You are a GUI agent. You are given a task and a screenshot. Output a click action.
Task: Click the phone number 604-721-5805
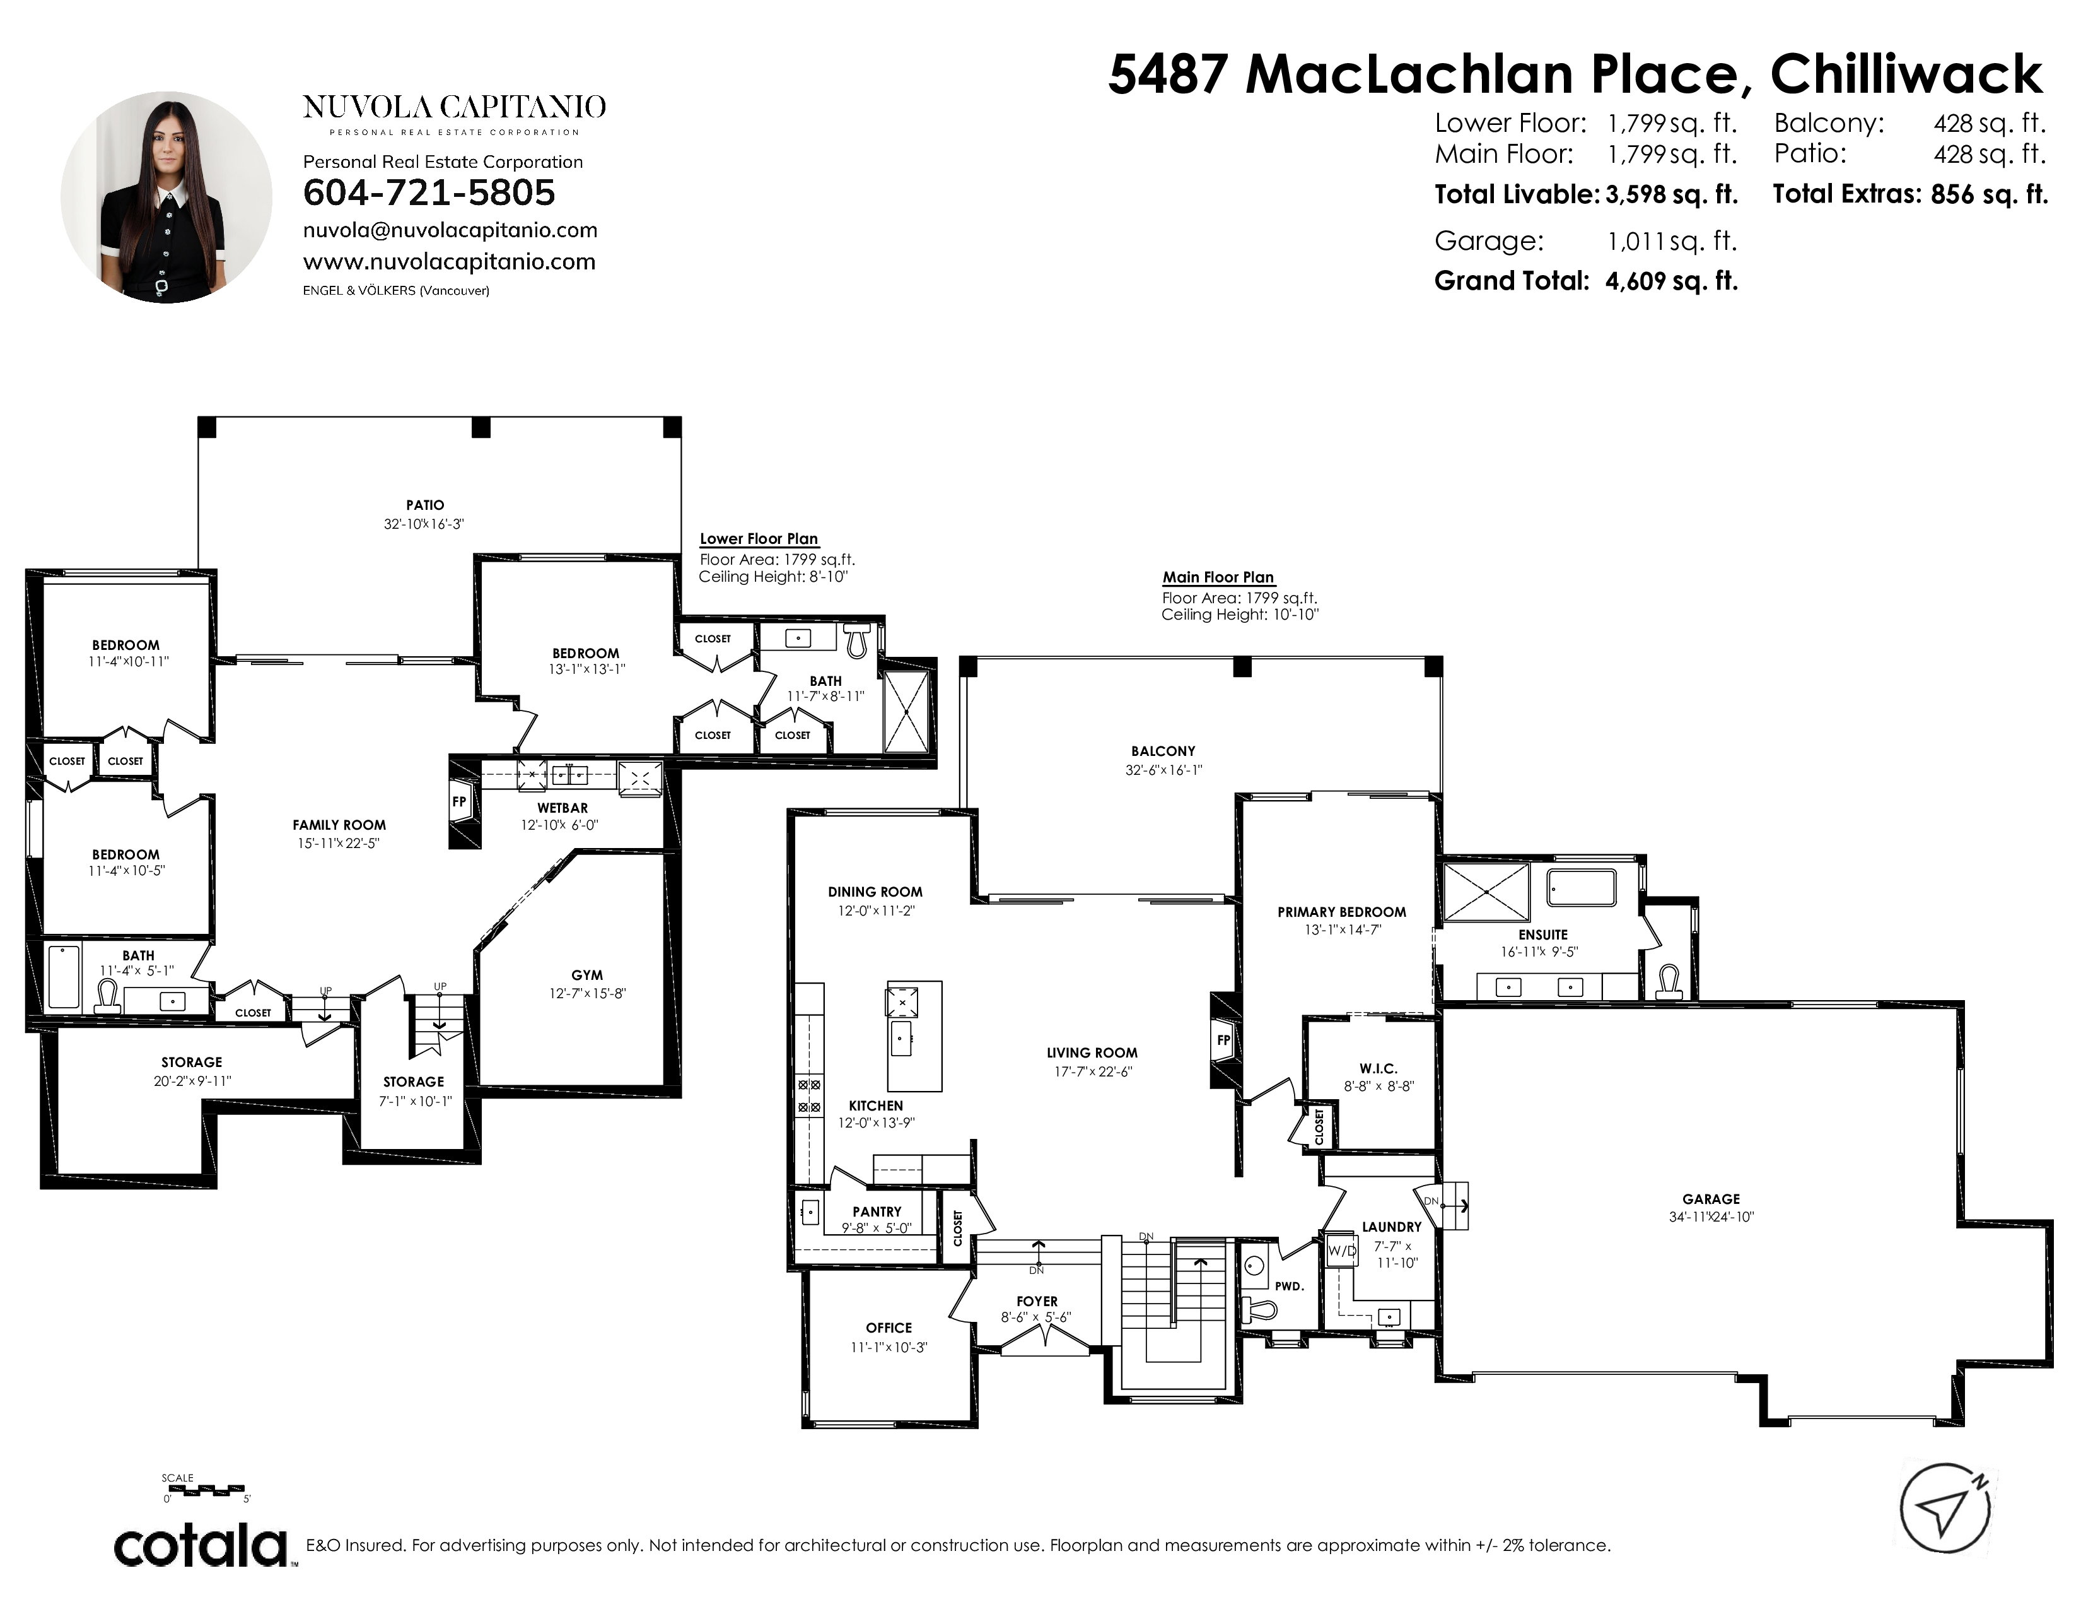pos(429,192)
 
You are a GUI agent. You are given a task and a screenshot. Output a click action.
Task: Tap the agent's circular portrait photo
pos(166,197)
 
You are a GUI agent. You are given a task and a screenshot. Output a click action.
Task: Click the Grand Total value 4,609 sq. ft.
pos(1671,281)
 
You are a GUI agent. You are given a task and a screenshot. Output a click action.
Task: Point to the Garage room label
pos(1710,1199)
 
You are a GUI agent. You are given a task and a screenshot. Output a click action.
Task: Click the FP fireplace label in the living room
pos(1223,1040)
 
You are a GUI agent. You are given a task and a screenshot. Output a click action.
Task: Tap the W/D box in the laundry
pos(1341,1251)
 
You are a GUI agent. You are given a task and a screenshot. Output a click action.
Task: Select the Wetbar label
pos(562,808)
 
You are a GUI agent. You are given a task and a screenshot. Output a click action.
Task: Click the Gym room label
pos(587,975)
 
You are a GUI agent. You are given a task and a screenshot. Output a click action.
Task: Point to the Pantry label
pos(877,1211)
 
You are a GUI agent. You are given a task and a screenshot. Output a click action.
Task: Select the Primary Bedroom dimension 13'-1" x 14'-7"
pos(1341,930)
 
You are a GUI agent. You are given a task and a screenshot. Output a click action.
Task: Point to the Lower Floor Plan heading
pos(759,539)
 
